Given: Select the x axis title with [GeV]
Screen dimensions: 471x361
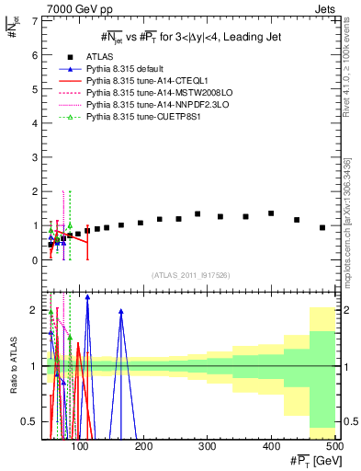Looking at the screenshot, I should pyautogui.click(x=304, y=460).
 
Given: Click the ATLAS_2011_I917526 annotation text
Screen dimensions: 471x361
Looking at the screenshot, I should pyautogui.click(x=191, y=275).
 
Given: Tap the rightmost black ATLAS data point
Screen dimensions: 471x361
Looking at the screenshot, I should pyautogui.click(x=322, y=227).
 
